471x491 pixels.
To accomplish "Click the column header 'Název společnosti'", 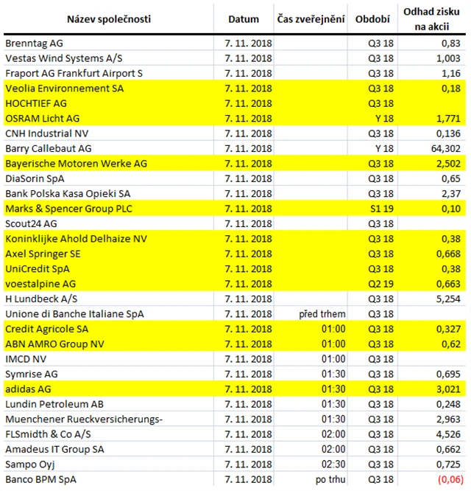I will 109,18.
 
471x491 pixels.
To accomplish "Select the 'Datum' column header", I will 244,18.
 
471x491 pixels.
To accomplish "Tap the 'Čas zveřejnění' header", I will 311,18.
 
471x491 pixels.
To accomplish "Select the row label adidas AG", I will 29,389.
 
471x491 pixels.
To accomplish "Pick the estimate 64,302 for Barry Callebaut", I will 445,148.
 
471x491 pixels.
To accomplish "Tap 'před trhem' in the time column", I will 318,314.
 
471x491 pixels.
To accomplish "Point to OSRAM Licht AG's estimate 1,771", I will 447,119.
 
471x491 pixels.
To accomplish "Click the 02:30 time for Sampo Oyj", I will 333,464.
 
